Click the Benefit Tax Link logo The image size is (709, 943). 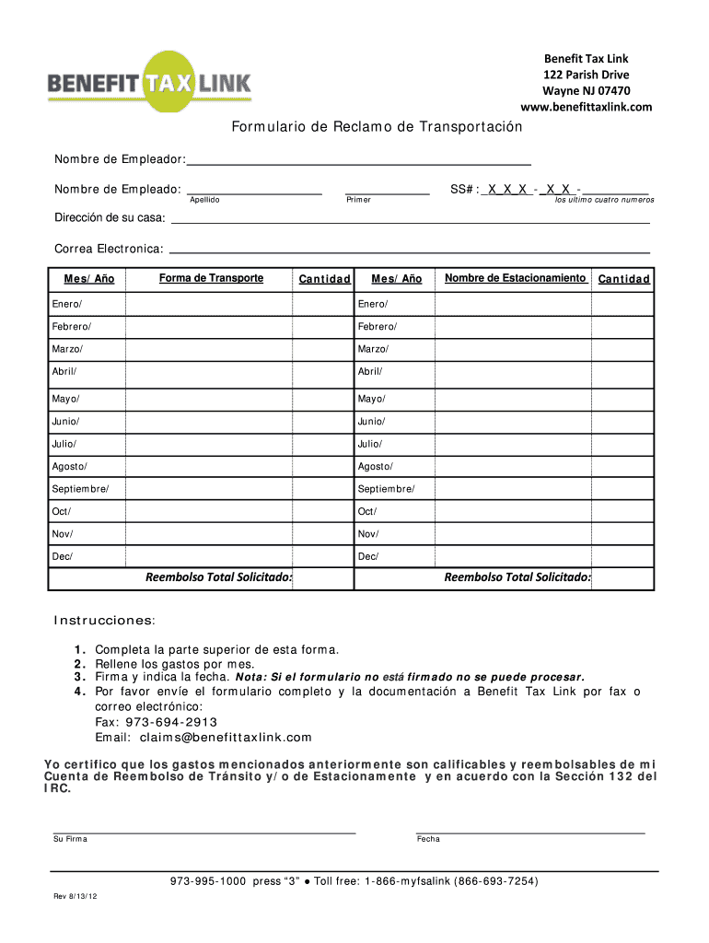(x=149, y=83)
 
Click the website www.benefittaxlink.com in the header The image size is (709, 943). (x=586, y=107)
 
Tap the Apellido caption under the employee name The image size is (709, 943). (x=204, y=200)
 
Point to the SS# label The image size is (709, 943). (x=463, y=189)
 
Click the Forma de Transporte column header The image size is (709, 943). (x=211, y=278)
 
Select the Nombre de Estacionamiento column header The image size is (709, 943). (x=515, y=278)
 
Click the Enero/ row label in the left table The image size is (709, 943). (x=66, y=304)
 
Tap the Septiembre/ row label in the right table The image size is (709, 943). (x=386, y=488)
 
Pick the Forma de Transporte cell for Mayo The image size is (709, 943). (x=211, y=399)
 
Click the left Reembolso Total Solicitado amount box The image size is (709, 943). (x=323, y=577)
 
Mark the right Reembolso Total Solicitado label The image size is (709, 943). (x=517, y=577)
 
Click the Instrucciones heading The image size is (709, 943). (x=104, y=620)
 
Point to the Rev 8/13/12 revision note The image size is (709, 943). (x=76, y=900)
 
